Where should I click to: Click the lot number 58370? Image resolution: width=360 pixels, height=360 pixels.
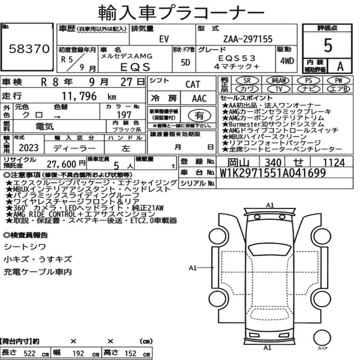point(29,49)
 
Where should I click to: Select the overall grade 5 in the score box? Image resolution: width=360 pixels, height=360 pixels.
point(328,45)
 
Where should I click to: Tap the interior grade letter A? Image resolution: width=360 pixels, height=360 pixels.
point(340,66)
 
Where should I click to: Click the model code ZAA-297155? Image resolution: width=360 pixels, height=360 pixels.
point(248,39)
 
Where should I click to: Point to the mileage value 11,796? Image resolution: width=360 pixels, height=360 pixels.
point(79,96)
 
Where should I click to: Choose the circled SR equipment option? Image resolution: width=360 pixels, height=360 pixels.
point(247,80)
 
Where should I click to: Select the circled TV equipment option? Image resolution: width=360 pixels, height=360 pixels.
point(279,89)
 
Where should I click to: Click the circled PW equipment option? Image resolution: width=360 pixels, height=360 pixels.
point(338,80)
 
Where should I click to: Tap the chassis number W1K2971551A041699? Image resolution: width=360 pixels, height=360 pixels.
point(273,173)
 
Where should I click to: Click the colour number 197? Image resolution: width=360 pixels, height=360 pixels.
point(124,114)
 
